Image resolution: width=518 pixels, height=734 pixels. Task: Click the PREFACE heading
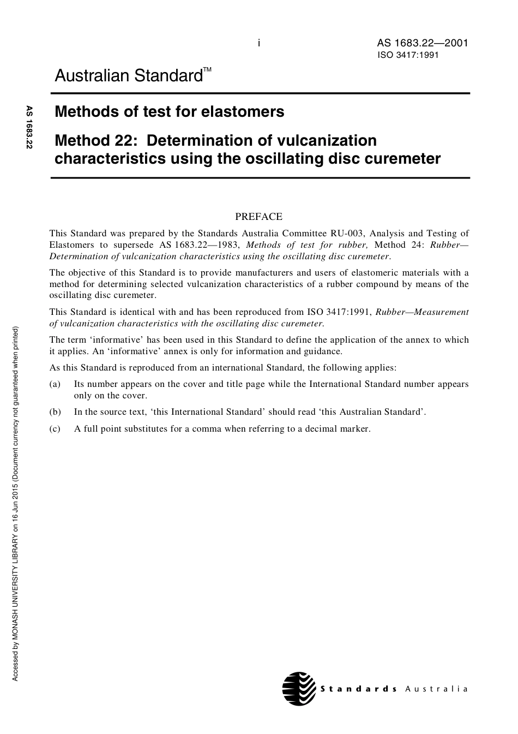(x=258, y=217)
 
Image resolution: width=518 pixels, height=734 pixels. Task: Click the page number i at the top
(x=258, y=43)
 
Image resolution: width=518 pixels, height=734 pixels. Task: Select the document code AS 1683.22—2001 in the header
(x=422, y=43)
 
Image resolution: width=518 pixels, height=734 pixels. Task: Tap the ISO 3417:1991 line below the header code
(x=408, y=55)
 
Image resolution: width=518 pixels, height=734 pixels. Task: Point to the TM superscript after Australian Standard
(x=208, y=70)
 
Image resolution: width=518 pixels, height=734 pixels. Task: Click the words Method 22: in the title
(x=95, y=141)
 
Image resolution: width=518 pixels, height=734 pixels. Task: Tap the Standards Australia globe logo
(x=299, y=689)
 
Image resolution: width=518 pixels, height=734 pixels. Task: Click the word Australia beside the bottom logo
(x=436, y=689)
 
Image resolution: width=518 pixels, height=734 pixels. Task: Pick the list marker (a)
(x=55, y=384)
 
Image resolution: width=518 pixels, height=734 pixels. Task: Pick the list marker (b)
(x=55, y=412)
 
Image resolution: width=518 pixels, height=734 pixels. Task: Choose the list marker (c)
(x=55, y=429)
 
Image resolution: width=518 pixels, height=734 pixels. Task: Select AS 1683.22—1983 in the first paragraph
(x=199, y=245)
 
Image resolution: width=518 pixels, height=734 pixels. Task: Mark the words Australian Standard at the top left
(x=129, y=76)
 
